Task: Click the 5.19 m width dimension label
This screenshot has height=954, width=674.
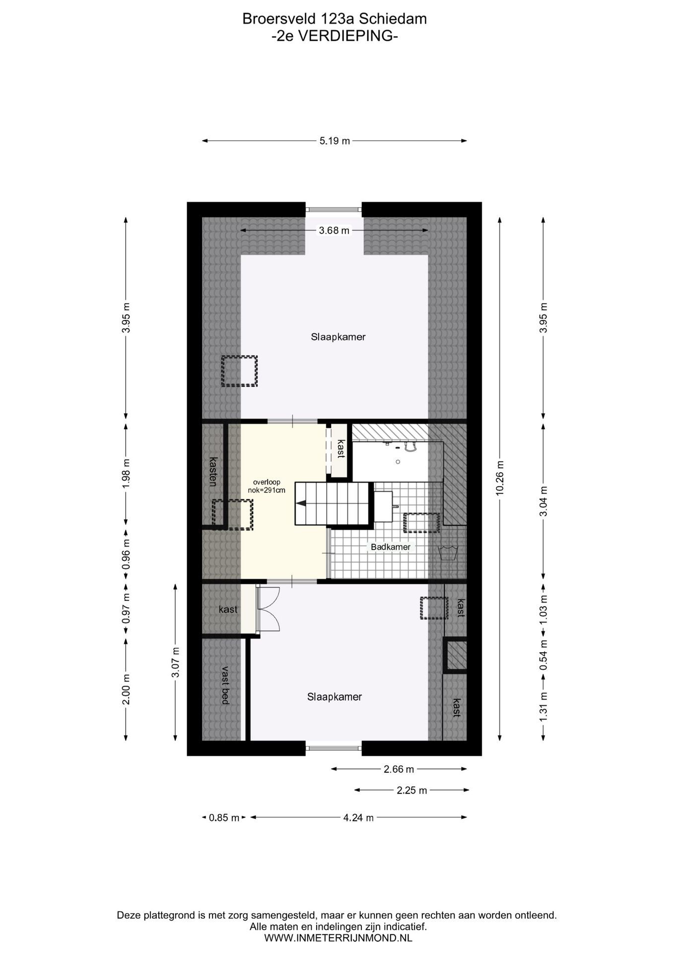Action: (335, 141)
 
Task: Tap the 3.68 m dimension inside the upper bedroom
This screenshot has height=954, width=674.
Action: (334, 231)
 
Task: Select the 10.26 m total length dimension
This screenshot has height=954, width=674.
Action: (500, 477)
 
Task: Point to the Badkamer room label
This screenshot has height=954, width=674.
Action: (391, 547)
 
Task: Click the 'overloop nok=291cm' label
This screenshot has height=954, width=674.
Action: (267, 486)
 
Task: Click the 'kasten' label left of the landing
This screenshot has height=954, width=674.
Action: (213, 471)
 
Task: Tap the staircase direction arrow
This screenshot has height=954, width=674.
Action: (301, 503)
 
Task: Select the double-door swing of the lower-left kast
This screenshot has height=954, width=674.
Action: (270, 609)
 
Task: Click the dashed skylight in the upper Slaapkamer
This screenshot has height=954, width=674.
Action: (239, 371)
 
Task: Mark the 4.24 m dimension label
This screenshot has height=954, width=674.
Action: (358, 817)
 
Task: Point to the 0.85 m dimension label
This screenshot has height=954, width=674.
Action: (224, 817)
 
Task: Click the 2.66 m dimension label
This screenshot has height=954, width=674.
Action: (399, 769)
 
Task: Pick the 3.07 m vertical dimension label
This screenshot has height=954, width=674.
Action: (176, 662)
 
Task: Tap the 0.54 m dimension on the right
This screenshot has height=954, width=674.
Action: (543, 660)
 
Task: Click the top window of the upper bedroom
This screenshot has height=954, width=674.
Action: (334, 209)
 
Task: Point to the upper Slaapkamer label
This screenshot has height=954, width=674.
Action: (338, 337)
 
